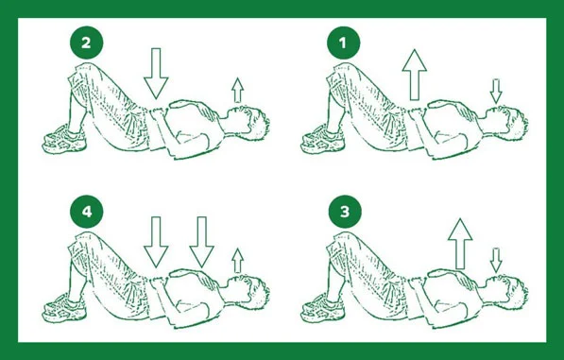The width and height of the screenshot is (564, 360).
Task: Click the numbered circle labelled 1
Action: (x=343, y=43)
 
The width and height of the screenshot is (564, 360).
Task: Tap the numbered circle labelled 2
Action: (x=86, y=43)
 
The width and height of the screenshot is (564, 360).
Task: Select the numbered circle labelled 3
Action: (x=345, y=212)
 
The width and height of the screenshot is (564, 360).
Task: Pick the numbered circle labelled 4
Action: (x=86, y=212)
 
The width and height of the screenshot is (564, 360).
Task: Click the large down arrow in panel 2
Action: (x=156, y=74)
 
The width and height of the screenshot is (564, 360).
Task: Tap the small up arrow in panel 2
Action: (x=237, y=90)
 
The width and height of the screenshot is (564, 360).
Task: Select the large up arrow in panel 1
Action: (x=415, y=75)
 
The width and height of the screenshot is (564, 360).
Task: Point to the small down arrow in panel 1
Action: (x=496, y=92)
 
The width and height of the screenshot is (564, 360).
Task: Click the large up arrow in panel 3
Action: (x=460, y=244)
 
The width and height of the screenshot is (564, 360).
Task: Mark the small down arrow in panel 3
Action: (x=496, y=260)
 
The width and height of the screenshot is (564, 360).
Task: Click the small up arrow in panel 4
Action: (x=237, y=261)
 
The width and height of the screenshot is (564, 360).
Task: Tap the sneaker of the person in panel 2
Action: (x=65, y=140)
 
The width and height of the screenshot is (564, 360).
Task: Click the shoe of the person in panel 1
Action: (x=323, y=140)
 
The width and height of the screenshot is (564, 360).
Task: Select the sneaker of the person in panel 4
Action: (x=65, y=308)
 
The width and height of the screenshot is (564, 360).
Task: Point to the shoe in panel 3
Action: (x=323, y=308)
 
